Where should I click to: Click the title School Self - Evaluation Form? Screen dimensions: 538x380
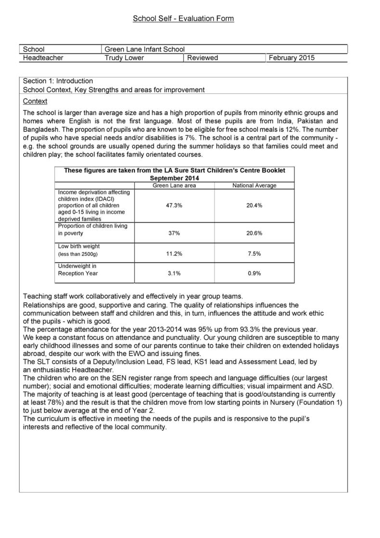coord(183,19)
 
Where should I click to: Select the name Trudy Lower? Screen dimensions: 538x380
coord(124,58)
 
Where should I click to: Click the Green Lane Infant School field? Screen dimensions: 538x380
coord(144,49)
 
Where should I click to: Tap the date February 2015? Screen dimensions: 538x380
coord(291,58)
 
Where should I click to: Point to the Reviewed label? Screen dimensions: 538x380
coord(203,58)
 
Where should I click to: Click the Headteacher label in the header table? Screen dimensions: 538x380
coord(43,58)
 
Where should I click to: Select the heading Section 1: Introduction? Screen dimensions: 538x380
coord(58,81)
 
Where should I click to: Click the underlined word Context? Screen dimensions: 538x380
coord(35,101)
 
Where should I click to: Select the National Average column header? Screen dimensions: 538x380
coord(254,185)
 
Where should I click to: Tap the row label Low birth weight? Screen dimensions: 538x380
coord(79,246)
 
